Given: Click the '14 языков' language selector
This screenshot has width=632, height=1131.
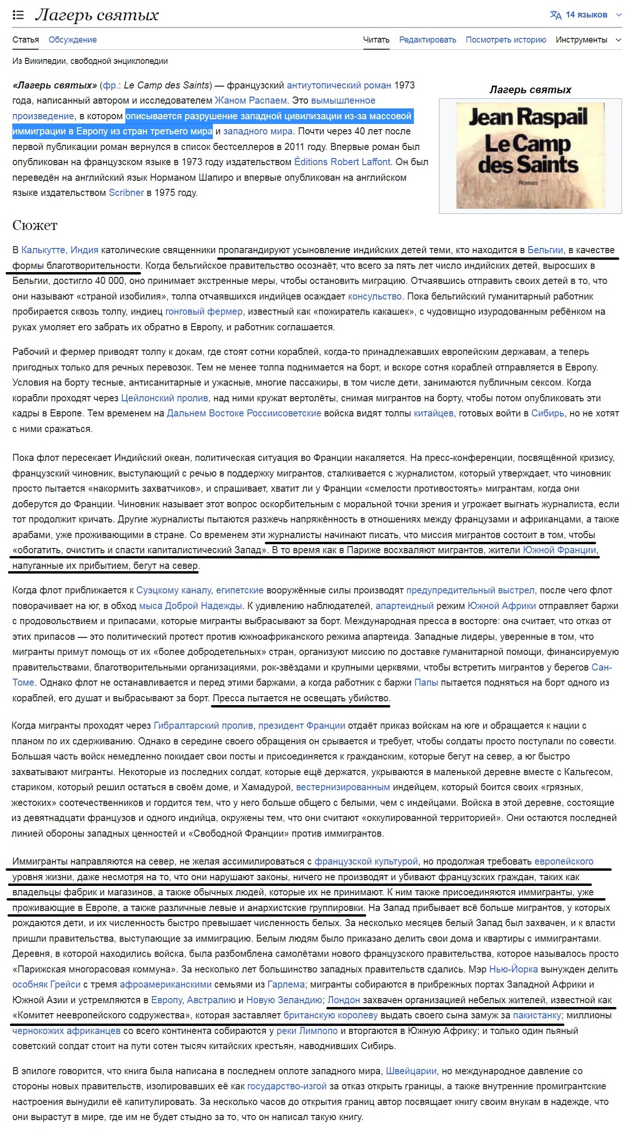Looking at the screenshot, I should pos(586,15).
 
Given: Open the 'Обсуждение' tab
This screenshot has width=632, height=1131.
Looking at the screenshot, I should pos(72,40).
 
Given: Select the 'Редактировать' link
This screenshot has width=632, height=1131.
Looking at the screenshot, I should pos(427,40).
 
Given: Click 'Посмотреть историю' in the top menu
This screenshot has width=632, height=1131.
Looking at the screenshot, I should pos(506,40).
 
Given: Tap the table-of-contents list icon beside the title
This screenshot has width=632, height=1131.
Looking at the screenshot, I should pos(18,15).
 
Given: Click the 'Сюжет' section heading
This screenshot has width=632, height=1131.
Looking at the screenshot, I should pos(35,225).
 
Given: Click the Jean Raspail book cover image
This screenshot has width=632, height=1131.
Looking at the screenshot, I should pos(530,155).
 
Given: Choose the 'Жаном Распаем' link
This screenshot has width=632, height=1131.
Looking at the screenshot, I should pos(251,100).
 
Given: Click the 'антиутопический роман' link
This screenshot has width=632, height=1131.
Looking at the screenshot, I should pos(339,85).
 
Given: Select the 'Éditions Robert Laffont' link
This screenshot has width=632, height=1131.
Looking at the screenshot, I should pos(342,162).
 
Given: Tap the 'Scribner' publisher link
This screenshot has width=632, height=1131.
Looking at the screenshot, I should pos(126,193).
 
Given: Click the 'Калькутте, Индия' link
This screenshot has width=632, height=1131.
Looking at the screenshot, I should pos(60,250).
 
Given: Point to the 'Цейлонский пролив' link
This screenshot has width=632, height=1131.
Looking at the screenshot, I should pos(164,398).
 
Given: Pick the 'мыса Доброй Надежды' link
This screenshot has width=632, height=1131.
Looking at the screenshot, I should pos(190,606).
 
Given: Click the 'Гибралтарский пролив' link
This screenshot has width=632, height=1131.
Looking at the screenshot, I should pos(203,725).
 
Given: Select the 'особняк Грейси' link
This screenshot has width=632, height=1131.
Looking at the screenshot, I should pos(46,984).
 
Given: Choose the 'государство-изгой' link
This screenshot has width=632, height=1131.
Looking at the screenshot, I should pos(287,1086).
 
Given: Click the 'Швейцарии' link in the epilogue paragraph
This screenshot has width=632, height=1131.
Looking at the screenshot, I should pos(411,1071).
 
